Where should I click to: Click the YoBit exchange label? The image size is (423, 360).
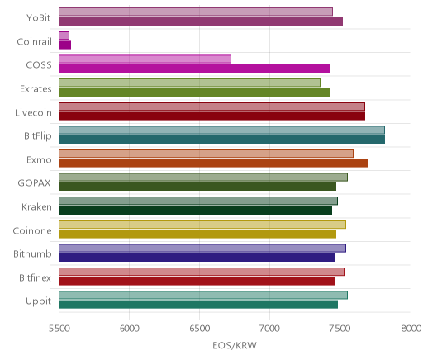point(39,18)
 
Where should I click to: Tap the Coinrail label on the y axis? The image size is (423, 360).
point(34,42)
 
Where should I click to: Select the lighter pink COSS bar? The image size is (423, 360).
point(145,59)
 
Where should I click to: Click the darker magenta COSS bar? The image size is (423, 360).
point(194,69)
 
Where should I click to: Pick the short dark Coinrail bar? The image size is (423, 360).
point(64,45)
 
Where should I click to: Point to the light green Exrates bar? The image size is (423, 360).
point(189,83)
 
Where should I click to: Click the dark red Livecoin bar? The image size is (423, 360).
point(211,116)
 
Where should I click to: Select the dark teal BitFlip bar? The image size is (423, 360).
point(221,140)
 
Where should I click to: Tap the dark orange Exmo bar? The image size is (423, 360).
point(213,163)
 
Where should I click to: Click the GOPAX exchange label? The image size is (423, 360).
point(34,183)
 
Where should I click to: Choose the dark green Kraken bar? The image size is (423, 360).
point(195,211)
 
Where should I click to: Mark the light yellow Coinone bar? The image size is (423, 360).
point(202,225)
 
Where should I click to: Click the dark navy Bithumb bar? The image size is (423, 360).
point(197,258)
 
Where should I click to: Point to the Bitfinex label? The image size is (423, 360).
point(35,277)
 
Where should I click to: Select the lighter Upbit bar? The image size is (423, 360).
point(203,296)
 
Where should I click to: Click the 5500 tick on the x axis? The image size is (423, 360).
point(59,329)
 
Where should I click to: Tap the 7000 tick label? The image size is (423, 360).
point(270,329)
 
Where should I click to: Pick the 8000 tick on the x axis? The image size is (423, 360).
point(411,329)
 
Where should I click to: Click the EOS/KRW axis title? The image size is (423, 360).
point(235,345)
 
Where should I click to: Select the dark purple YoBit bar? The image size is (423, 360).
point(201,21)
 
